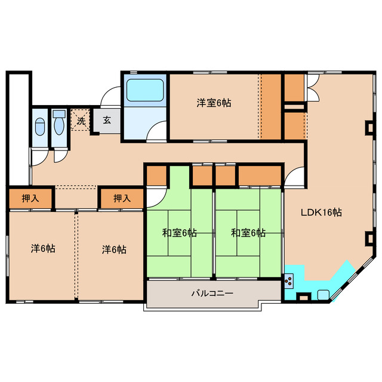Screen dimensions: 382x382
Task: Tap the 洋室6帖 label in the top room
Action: click(x=214, y=103)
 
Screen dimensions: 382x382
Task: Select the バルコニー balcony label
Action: click(x=212, y=294)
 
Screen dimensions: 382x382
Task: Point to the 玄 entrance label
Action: click(x=107, y=120)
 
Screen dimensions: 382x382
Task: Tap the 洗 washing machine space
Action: click(x=81, y=120)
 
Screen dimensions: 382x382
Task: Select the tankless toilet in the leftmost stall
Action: click(x=39, y=127)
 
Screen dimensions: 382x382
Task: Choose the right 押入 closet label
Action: click(x=122, y=198)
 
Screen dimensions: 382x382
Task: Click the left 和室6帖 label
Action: click(x=180, y=233)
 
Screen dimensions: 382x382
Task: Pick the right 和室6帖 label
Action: click(x=248, y=233)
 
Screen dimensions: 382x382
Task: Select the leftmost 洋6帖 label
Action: click(x=43, y=248)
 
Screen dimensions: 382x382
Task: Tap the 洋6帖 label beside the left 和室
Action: click(x=113, y=248)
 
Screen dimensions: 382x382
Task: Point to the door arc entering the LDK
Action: click(x=295, y=177)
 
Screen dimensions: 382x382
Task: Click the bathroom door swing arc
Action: click(x=158, y=130)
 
